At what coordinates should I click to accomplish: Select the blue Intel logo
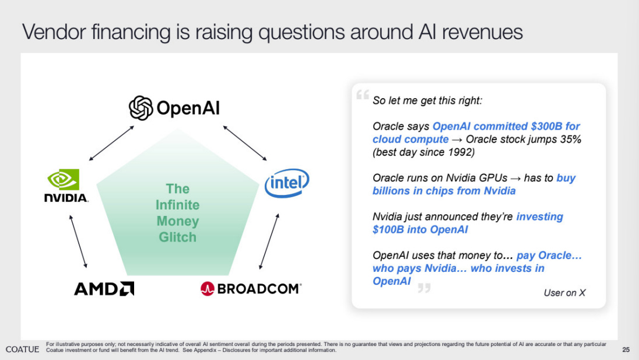coord(287,184)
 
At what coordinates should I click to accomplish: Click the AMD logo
coord(104,288)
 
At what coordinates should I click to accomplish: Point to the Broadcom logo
coord(251,288)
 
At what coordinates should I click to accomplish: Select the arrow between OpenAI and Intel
coord(245,142)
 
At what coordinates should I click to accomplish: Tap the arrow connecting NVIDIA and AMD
coord(78,240)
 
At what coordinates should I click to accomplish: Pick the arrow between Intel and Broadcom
coord(269,240)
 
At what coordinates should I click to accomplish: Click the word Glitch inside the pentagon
coord(177,237)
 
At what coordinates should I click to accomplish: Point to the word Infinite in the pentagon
coord(177,205)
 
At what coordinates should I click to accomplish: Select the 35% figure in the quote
coord(570,139)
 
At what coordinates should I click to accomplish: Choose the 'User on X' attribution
coord(564,293)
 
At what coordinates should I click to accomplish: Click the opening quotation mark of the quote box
coord(362,96)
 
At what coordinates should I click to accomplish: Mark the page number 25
coord(626,350)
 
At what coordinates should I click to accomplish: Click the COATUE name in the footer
coord(22,349)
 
